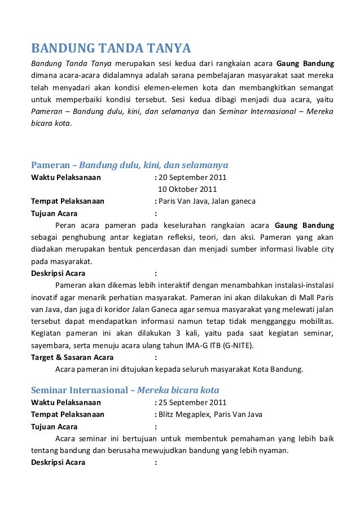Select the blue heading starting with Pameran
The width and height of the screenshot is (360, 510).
(x=129, y=165)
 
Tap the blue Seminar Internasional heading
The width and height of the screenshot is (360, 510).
(x=125, y=390)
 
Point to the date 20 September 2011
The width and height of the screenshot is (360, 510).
(x=192, y=177)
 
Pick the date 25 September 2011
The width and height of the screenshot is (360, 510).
(x=192, y=402)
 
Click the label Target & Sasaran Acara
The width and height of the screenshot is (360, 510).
(x=72, y=357)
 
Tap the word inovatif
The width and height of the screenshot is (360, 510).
(x=44, y=297)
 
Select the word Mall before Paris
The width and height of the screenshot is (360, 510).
(x=306, y=297)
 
